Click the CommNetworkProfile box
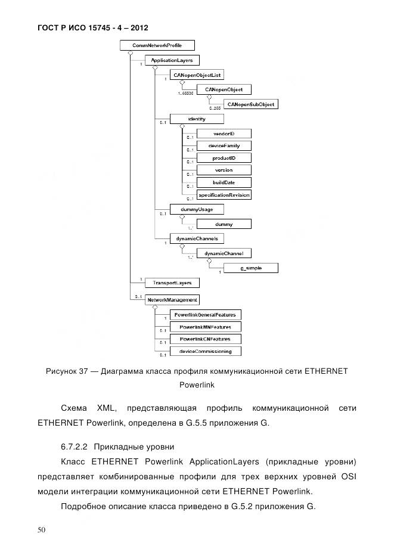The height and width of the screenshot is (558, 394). [157, 45]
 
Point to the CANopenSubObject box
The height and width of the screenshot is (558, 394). [250, 104]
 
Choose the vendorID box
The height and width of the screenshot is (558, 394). [224, 133]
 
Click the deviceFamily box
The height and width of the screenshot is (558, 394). [224, 145]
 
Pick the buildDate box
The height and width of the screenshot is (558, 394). [224, 182]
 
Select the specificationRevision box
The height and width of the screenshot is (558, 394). [224, 195]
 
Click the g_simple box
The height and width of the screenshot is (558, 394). [250, 268]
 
